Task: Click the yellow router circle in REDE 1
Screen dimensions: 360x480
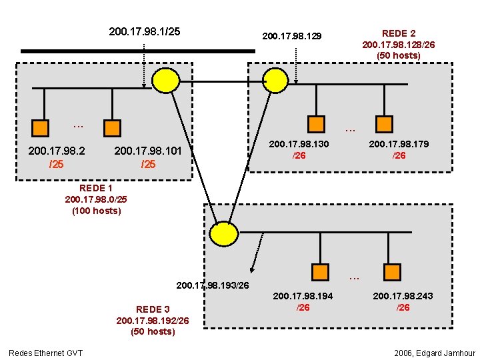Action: click(165, 79)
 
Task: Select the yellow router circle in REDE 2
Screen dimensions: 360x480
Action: click(275, 79)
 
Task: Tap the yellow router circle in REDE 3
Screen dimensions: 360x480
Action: click(223, 233)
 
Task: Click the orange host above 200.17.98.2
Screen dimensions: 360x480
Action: click(41, 127)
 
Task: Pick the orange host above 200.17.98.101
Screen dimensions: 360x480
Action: click(112, 127)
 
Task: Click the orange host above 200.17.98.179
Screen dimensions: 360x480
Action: click(384, 123)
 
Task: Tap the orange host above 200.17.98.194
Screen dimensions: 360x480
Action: click(321, 272)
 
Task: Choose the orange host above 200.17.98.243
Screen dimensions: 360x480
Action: click(391, 272)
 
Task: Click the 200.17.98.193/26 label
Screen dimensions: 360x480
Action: click(213, 285)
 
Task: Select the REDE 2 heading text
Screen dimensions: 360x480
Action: click(398, 33)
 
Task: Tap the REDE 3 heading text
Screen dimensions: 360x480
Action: click(153, 309)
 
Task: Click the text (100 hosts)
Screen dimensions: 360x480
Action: click(97, 211)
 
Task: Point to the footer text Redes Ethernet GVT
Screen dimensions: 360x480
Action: click(45, 352)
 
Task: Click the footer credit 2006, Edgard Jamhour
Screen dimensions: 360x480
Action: click(435, 352)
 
